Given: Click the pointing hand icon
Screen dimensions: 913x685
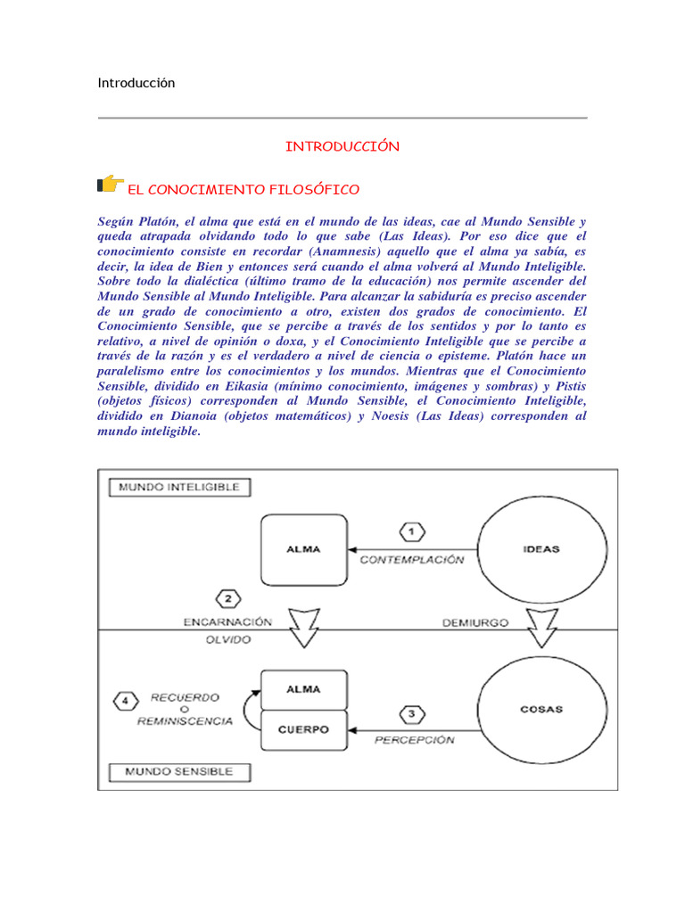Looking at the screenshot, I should [x=110, y=185].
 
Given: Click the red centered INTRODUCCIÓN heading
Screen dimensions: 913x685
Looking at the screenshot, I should [x=342, y=146].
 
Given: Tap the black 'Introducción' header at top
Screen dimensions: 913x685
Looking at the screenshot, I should [x=136, y=83].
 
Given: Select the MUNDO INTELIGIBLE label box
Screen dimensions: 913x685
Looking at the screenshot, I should [x=179, y=488].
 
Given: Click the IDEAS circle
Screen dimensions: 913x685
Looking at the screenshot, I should [x=541, y=548].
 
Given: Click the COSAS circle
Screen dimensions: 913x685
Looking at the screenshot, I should [x=541, y=710].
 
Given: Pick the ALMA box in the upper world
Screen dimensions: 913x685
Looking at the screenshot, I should [x=303, y=549].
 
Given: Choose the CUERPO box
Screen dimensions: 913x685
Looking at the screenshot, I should [x=303, y=729].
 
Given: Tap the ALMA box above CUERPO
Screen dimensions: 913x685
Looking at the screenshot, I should [x=303, y=690].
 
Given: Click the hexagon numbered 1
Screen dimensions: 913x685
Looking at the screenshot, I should [x=411, y=532].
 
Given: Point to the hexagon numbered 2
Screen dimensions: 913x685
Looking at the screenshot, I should [x=229, y=599].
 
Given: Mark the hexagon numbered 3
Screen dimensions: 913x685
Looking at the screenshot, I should [x=411, y=713].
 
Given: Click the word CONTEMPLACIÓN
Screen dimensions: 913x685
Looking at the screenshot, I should [x=412, y=560].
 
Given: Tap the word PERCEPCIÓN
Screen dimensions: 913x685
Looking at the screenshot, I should [x=413, y=739].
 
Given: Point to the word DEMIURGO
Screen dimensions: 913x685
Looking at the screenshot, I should [x=475, y=622].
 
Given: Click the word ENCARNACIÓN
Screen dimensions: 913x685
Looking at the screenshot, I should [x=228, y=622].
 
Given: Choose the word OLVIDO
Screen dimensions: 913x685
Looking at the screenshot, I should [x=228, y=639].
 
